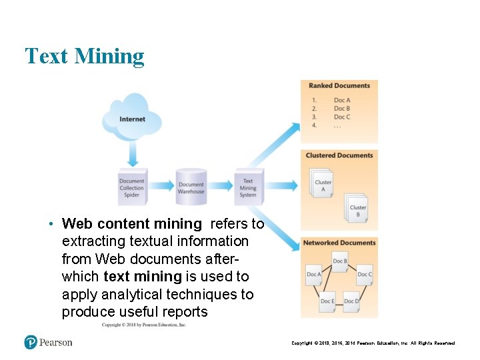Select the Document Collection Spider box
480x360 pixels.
131,187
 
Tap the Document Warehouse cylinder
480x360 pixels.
191,187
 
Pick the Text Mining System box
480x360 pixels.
248,187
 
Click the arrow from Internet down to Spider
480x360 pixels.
132,157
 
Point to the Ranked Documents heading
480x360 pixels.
339,86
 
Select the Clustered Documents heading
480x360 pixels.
339,155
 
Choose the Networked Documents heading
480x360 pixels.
339,243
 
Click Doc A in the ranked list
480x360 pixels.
341,101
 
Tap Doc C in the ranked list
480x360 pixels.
341,117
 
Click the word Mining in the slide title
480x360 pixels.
109,56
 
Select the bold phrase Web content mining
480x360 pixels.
131,224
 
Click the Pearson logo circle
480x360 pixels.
31,342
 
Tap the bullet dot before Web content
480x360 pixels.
51,224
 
